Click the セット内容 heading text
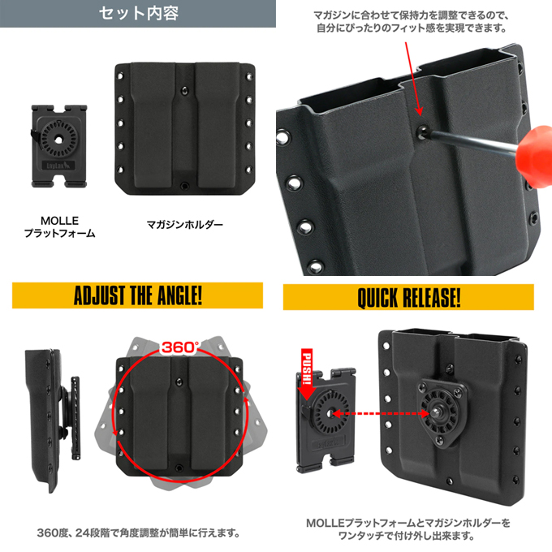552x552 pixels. click(137, 14)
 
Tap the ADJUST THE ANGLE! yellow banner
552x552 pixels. click(137, 295)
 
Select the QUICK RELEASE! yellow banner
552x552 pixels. click(408, 297)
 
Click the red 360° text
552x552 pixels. click(179, 347)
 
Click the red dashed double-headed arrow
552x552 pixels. click(377, 413)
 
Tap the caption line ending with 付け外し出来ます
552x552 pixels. click(408, 537)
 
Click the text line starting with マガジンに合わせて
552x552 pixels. click(412, 15)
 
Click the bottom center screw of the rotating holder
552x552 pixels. click(179, 468)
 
